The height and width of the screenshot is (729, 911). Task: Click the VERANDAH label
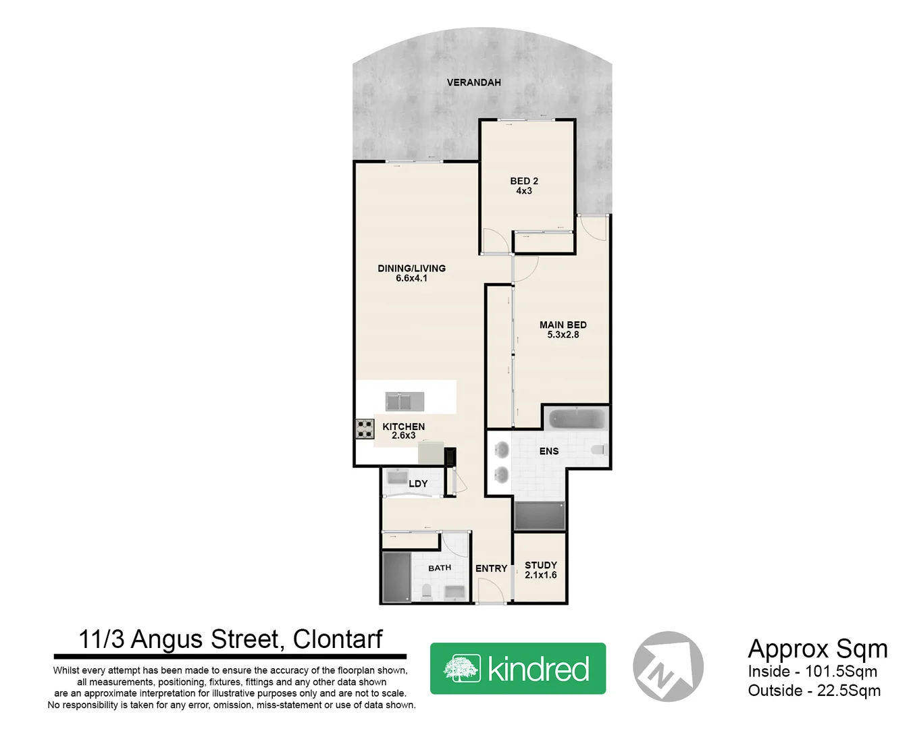pos(473,82)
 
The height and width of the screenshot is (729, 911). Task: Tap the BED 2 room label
pos(524,186)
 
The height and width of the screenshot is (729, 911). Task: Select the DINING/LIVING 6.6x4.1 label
pos(411,273)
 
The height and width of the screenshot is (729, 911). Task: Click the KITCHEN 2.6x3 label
pos(403,431)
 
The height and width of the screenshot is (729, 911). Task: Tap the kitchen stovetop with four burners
pos(365,429)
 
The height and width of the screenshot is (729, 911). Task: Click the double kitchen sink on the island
pos(405,401)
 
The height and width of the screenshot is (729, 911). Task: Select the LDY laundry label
pos(418,483)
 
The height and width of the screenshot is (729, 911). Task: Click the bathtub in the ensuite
pos(576,419)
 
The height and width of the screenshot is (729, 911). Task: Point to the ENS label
pos(548,451)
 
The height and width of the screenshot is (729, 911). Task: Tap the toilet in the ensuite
pos(598,450)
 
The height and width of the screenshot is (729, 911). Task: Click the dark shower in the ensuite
pos(539,516)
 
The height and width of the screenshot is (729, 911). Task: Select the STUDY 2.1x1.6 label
pos(540,570)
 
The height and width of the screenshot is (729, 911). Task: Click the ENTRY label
pos(491,568)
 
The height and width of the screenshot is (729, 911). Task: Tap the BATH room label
pos(439,568)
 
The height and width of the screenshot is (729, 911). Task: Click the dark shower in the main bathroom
pos(396,577)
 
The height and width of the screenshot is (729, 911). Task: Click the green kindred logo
pos(517,668)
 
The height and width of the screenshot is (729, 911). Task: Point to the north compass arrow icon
pos(668,666)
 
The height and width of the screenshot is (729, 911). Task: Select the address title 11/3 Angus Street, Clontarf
pos(230,639)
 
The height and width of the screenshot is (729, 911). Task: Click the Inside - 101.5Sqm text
pos(812,672)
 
